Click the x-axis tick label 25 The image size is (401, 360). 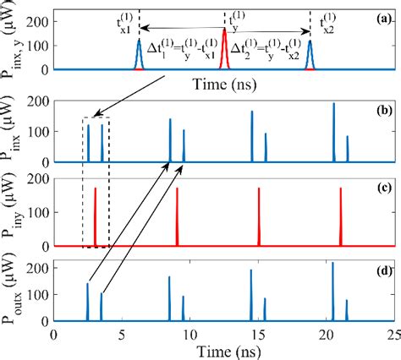[392, 334]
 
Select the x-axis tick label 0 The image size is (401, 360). [54, 334]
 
